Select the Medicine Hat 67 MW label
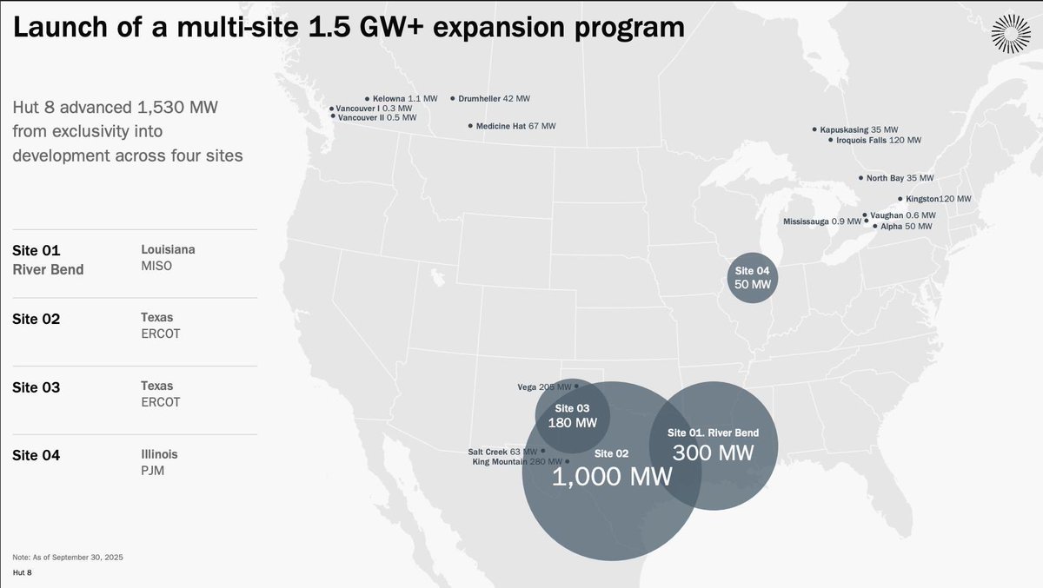(515, 126)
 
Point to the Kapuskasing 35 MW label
(859, 129)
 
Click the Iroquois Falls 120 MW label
(878, 140)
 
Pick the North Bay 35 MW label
(899, 178)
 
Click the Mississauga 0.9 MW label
(821, 221)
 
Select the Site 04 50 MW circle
(752, 277)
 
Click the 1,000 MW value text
(612, 476)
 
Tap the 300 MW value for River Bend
(713, 452)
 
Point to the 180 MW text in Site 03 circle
(572, 423)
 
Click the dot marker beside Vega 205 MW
(576, 386)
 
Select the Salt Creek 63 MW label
(503, 452)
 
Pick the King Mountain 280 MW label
(516, 462)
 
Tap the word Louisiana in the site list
(168, 249)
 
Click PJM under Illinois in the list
(152, 471)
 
